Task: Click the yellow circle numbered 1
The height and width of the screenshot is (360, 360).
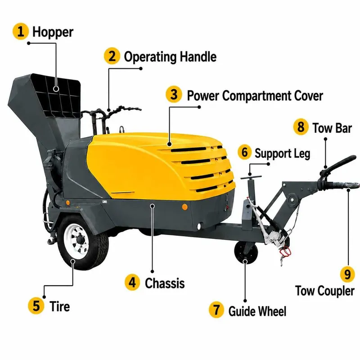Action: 20,31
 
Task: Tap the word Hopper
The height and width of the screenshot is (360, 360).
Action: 53,32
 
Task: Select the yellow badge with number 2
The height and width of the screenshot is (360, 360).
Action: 112,56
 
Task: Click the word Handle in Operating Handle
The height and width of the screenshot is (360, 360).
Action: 198,57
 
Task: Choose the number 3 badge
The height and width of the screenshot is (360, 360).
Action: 174,94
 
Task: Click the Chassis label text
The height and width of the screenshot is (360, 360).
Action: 165,283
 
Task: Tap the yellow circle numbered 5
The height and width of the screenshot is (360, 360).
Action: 36,306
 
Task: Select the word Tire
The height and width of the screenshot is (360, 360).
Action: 59,306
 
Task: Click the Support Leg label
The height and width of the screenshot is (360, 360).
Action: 282,154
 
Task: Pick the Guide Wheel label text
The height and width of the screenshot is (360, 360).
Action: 257,311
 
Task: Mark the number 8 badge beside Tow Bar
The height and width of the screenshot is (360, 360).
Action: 301,127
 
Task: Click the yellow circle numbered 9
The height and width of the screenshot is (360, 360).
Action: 348,274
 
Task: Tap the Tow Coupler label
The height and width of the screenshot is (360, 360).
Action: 324,291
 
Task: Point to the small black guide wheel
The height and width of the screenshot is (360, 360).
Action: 246,252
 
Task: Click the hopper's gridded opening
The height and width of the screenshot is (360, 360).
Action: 56,96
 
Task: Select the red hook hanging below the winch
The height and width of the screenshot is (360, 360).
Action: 285,251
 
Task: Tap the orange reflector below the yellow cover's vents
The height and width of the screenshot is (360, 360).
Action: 185,207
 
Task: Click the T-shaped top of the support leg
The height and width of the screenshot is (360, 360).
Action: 251,177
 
